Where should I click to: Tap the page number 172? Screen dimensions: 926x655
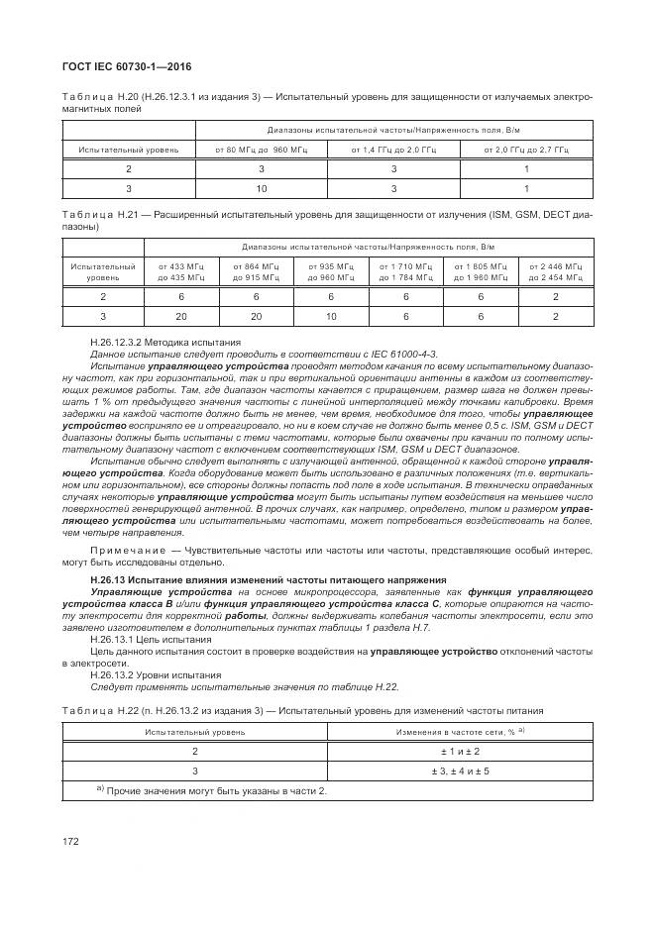click(70, 840)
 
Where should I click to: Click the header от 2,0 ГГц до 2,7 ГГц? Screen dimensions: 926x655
click(525, 150)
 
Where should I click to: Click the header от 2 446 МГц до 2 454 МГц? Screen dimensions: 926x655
click(556, 272)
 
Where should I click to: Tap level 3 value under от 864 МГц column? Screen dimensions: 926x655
click(257, 316)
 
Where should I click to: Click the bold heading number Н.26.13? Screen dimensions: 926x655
click(108, 577)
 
